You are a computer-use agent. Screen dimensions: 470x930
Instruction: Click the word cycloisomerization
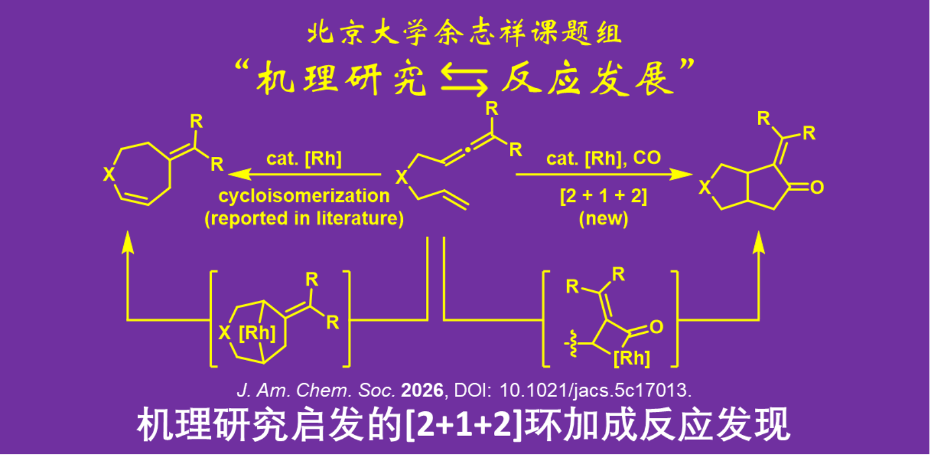pos(304,196)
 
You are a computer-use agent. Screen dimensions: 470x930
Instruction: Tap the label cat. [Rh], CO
pos(603,159)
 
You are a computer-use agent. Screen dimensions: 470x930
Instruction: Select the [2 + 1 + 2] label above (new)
pos(603,196)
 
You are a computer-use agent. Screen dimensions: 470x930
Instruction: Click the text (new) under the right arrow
pos(603,218)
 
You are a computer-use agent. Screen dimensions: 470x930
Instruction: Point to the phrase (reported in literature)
pos(304,218)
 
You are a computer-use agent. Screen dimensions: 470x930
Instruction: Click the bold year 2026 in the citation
pos(422,390)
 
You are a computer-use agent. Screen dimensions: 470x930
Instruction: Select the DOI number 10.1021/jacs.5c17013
pos(595,390)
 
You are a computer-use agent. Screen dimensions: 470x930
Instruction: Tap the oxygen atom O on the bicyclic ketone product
pos(817,188)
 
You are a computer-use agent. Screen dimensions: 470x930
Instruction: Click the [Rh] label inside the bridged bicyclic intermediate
pos(257,333)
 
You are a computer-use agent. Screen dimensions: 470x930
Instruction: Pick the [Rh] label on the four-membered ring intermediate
pos(632,358)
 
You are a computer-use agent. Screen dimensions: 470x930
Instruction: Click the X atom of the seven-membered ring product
pos(109,174)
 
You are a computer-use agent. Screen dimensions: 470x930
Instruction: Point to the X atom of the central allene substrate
pos(401,178)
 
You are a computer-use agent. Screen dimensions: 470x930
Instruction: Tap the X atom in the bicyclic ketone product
pos(705,188)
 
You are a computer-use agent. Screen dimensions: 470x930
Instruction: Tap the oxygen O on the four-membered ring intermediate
pos(656,327)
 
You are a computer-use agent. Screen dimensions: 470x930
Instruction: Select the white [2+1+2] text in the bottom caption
pos(464,425)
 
